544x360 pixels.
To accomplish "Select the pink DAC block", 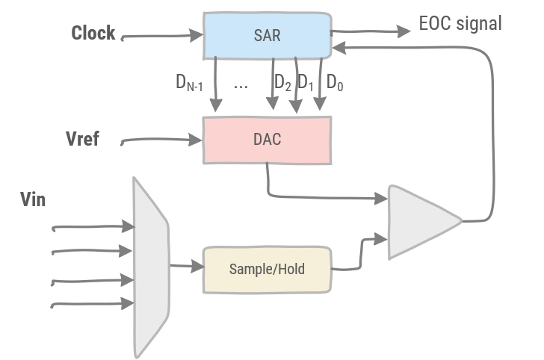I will tap(268, 140).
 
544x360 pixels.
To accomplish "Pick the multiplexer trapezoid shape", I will tap(149, 266).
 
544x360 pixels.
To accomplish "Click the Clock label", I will tap(93, 33).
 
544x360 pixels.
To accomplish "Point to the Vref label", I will tap(83, 139).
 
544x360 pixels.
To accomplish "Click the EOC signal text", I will tap(460, 24).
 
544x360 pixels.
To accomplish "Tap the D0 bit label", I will tap(336, 84).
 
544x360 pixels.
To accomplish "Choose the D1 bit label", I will tap(306, 82).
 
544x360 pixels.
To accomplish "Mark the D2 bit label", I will tap(282, 82).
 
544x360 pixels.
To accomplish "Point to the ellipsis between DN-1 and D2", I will tap(240, 86).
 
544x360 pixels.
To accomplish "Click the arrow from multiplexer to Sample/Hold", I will tap(187, 265).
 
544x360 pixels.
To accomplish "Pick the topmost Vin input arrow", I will tap(90, 226).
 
